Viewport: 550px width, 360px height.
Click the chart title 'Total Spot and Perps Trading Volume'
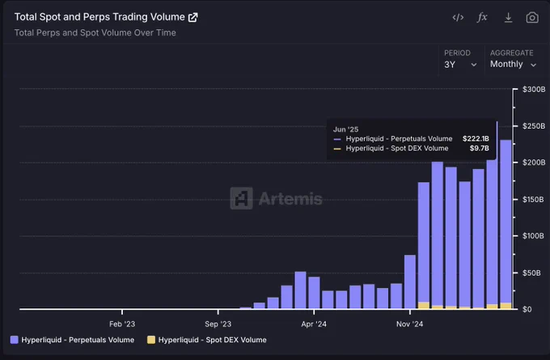pyautogui.click(x=99, y=17)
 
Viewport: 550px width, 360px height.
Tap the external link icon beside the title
pyautogui.click(x=193, y=17)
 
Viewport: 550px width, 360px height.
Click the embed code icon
pyautogui.click(x=458, y=17)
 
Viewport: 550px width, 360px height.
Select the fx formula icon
pyautogui.click(x=482, y=17)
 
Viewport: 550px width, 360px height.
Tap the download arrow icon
pyautogui.click(x=508, y=18)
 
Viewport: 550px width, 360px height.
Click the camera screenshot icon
pyautogui.click(x=532, y=18)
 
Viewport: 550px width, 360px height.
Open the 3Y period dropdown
pyautogui.click(x=460, y=65)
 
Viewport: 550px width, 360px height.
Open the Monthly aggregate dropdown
pyautogui.click(x=513, y=64)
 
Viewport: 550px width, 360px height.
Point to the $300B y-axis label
pyautogui.click(x=534, y=89)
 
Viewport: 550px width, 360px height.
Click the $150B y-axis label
pyautogui.click(x=534, y=199)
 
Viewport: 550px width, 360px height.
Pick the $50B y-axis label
pyautogui.click(x=531, y=273)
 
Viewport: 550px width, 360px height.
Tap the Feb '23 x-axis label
pyautogui.click(x=122, y=324)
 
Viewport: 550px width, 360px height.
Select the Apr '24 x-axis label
pyautogui.click(x=314, y=324)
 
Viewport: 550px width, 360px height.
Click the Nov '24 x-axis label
pyautogui.click(x=410, y=324)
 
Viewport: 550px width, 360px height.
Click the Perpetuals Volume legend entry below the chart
pyautogui.click(x=72, y=340)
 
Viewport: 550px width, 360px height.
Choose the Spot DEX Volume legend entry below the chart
pyautogui.click(x=206, y=340)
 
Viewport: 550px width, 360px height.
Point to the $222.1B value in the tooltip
pyautogui.click(x=476, y=138)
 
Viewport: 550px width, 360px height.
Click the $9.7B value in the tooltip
pyautogui.click(x=480, y=148)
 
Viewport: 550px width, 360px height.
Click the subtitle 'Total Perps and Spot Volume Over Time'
pyautogui.click(x=95, y=32)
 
